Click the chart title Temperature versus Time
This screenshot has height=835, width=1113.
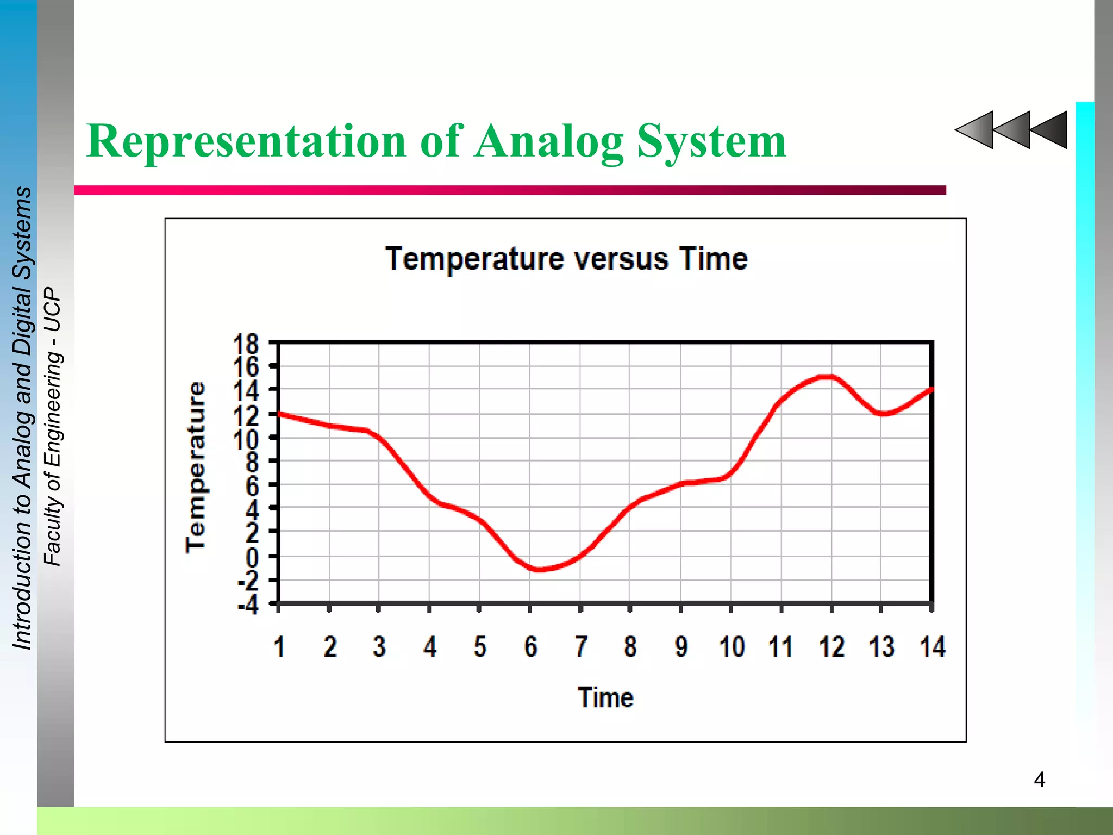(x=566, y=259)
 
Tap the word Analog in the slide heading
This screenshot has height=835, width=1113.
(x=549, y=141)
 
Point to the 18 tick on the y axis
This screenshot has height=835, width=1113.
(x=246, y=345)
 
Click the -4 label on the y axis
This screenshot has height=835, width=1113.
(x=248, y=605)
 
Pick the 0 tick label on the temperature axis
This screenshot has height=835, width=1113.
(x=252, y=557)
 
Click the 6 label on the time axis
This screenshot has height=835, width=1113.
(x=530, y=647)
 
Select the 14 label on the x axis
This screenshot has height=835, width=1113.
(x=933, y=647)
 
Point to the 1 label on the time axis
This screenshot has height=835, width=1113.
(x=279, y=647)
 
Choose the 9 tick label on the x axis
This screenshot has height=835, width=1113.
(x=681, y=647)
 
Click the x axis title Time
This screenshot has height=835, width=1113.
(x=605, y=697)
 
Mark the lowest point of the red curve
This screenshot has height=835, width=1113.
(x=538, y=569)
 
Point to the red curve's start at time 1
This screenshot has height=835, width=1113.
(x=279, y=414)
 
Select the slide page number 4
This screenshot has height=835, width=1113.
(x=1039, y=780)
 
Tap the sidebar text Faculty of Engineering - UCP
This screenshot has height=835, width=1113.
(x=53, y=427)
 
